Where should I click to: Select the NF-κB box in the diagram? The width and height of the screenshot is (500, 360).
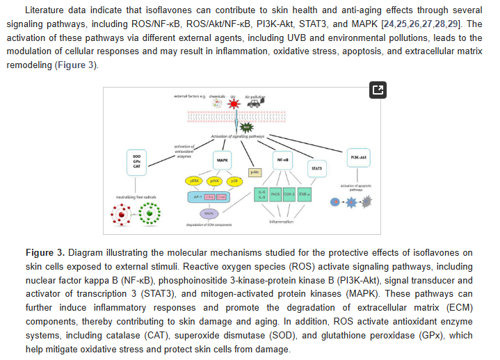point(283,159)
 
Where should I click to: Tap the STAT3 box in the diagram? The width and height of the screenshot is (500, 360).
point(316,168)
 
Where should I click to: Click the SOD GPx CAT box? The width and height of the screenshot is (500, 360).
point(136,161)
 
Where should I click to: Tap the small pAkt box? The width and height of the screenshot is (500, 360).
point(255,172)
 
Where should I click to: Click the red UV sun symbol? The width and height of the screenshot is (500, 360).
point(234,104)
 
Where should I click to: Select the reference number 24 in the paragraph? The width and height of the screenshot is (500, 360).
point(387,25)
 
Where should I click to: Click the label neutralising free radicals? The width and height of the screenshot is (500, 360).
point(136,197)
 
